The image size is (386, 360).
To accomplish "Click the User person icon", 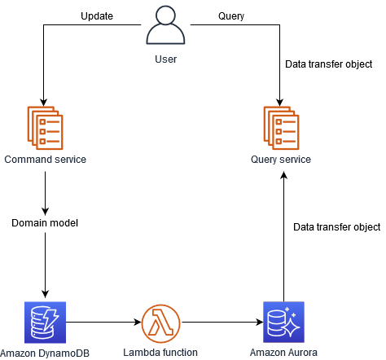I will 165,27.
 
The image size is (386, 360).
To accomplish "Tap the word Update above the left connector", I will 96,16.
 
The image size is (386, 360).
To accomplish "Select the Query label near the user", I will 232,16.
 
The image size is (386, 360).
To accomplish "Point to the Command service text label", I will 46,160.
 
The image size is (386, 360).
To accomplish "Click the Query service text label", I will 281,160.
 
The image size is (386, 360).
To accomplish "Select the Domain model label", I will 46,222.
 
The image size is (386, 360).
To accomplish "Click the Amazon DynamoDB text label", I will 46,353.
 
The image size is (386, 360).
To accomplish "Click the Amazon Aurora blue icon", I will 283,321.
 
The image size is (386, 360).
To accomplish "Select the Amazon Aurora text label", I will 283,353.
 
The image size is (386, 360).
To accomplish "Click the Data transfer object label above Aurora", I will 336,226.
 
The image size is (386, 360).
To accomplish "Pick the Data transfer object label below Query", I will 328,63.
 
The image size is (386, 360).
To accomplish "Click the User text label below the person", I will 165,59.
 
